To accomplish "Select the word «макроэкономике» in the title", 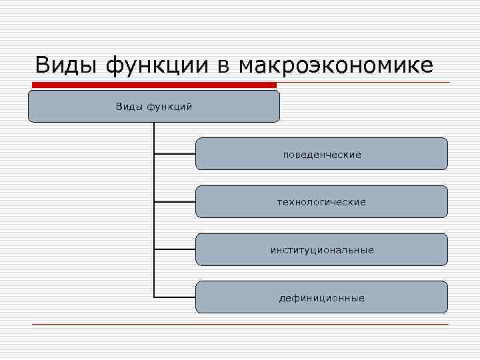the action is [335, 65].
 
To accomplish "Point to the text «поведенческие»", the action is [322, 155].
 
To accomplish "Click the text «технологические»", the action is [321, 202].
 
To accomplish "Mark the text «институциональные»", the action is [322, 250].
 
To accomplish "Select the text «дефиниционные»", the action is [322, 298].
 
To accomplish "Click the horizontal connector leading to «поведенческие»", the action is [175, 154].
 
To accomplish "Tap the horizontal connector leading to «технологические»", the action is [175, 201].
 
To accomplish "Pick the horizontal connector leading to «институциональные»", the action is [175, 249].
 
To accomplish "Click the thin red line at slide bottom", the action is [240, 324].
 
